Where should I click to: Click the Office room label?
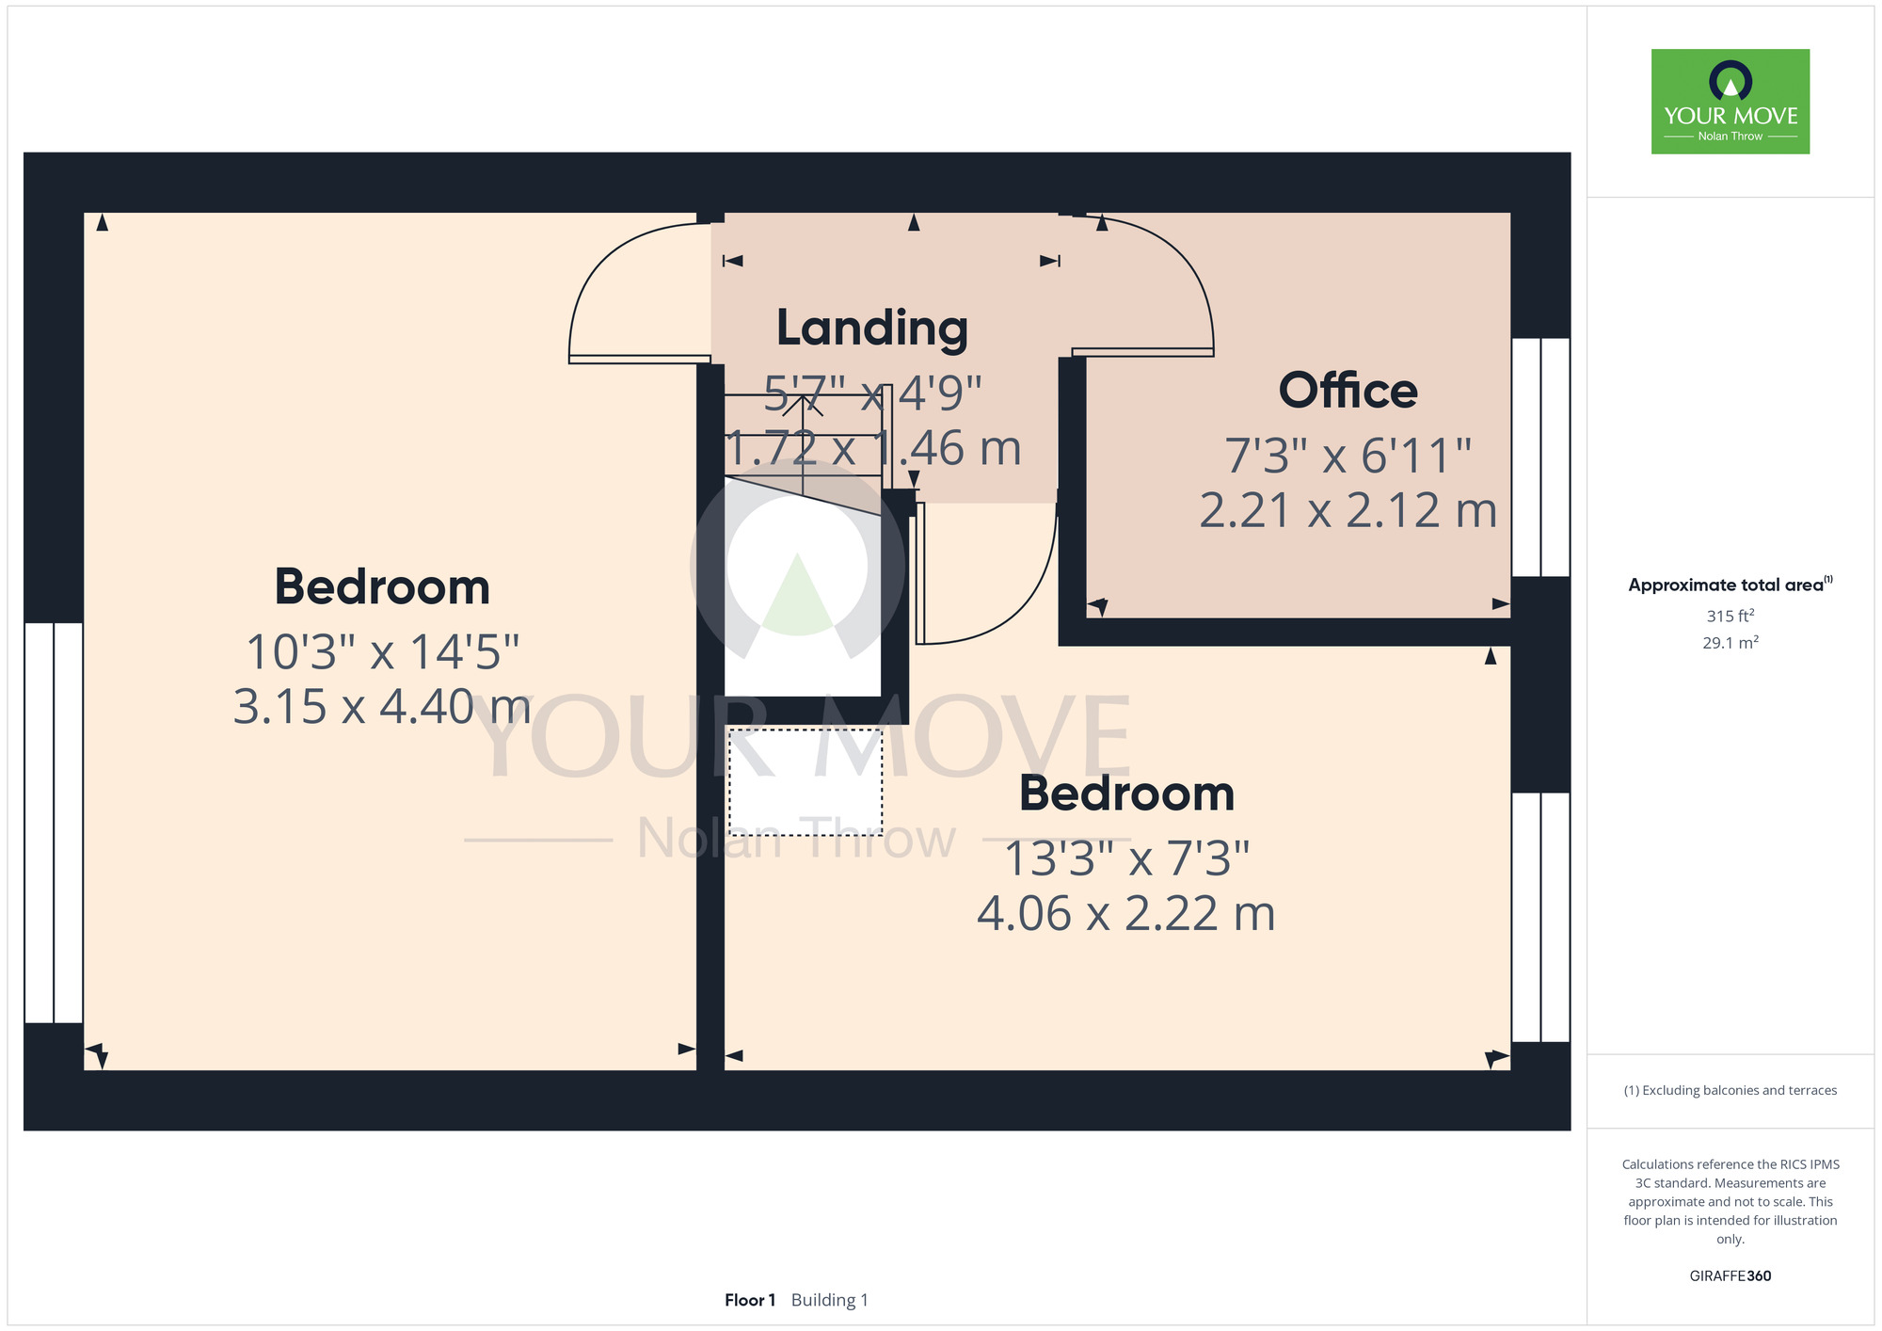coord(1348,391)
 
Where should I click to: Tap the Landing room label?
coord(872,329)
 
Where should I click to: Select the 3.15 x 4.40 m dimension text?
coord(381,706)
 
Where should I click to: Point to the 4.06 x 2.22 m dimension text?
coord(1126,913)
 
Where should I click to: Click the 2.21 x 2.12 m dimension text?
coord(1348,510)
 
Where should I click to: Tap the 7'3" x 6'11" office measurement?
coord(1348,456)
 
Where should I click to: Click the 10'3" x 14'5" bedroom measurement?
coord(382,651)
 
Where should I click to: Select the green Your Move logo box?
coord(1730,102)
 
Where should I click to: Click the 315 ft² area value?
coord(1730,616)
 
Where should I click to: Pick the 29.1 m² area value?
coord(1730,643)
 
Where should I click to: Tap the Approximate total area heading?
coord(1730,585)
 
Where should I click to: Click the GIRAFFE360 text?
coord(1730,1276)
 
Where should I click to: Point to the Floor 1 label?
coord(750,1300)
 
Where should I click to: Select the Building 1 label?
coord(830,1300)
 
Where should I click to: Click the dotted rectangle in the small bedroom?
coord(805,782)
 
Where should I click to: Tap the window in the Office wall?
coord(1540,457)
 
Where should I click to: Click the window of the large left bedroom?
coord(54,823)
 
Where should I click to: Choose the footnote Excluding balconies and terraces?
coord(1730,1090)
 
